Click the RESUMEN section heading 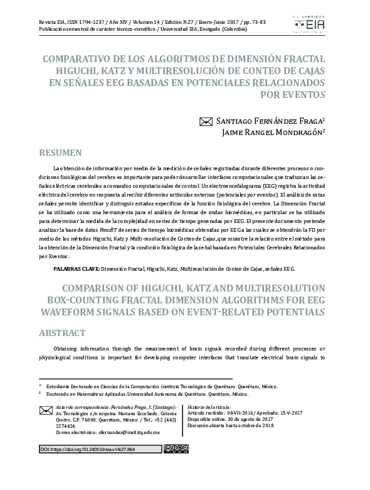coord(61,153)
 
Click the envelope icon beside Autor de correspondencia coord(46,411)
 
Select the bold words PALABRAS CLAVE coord(75,268)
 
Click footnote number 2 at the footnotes coord(40,393)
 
